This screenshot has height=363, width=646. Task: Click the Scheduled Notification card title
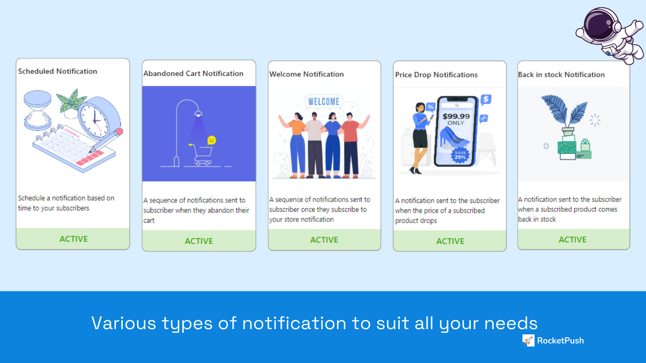(x=58, y=71)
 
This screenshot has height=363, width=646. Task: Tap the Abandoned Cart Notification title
(x=193, y=74)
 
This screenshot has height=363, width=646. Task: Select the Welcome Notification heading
(x=306, y=74)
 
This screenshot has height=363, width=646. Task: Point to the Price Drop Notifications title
(x=436, y=75)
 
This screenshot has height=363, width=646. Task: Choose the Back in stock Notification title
(x=561, y=75)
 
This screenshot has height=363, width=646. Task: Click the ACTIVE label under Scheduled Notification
(x=74, y=239)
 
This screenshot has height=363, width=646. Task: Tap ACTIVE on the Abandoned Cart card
(x=199, y=241)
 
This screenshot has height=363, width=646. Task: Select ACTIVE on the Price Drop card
(x=450, y=241)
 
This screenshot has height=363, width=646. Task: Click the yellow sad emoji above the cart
(x=212, y=140)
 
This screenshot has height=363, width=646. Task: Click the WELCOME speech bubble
(x=324, y=101)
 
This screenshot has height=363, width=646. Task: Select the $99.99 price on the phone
(x=456, y=116)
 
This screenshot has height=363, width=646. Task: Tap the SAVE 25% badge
(x=460, y=155)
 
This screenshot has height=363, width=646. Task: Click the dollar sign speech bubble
(x=486, y=100)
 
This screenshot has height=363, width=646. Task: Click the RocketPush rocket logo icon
(x=528, y=340)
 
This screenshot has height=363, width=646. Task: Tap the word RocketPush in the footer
(x=560, y=340)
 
